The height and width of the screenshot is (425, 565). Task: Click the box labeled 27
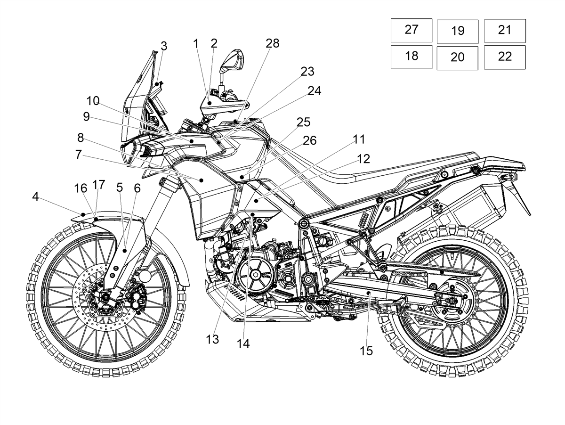411,30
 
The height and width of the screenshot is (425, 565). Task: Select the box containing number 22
505,57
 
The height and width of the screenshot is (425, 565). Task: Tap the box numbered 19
457,32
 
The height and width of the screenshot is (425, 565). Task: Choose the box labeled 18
411,57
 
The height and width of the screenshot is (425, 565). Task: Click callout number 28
272,43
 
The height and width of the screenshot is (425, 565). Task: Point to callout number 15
366,351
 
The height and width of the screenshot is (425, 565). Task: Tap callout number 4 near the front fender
35,197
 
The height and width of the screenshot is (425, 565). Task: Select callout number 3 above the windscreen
164,46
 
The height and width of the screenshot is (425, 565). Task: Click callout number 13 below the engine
212,340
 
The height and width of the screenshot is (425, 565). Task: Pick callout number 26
309,140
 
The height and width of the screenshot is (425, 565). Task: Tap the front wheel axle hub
105,298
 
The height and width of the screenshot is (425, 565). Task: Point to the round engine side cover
255,275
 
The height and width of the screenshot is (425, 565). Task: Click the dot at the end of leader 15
369,293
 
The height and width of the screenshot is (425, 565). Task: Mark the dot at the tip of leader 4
83,214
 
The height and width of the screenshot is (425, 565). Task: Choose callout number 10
93,101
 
